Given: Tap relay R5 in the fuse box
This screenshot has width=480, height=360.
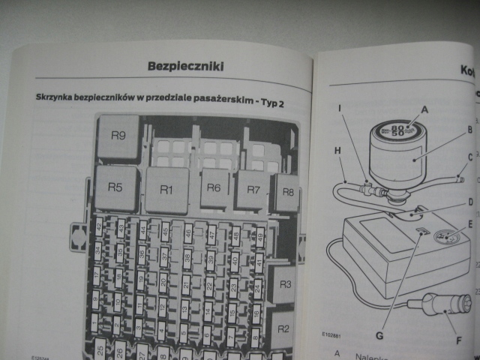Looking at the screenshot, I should pyautogui.click(x=115, y=187).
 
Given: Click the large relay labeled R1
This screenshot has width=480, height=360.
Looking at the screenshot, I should pyautogui.click(x=166, y=190).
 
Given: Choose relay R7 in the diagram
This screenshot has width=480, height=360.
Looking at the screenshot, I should pyautogui.click(x=253, y=189).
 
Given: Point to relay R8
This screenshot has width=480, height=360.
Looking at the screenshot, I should pyautogui.click(x=286, y=191).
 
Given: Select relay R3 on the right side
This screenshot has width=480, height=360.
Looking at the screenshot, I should pyautogui.click(x=283, y=285).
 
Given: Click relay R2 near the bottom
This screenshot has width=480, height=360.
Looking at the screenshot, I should pyautogui.click(x=283, y=328).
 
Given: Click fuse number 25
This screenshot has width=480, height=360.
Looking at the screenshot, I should pyautogui.click(x=99, y=349).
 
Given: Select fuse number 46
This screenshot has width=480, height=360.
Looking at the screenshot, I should pyautogui.click(x=187, y=232).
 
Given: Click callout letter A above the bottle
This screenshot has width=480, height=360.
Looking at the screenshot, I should pyautogui.click(x=424, y=108).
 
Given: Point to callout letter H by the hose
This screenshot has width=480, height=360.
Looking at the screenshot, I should pyautogui.click(x=337, y=150).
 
